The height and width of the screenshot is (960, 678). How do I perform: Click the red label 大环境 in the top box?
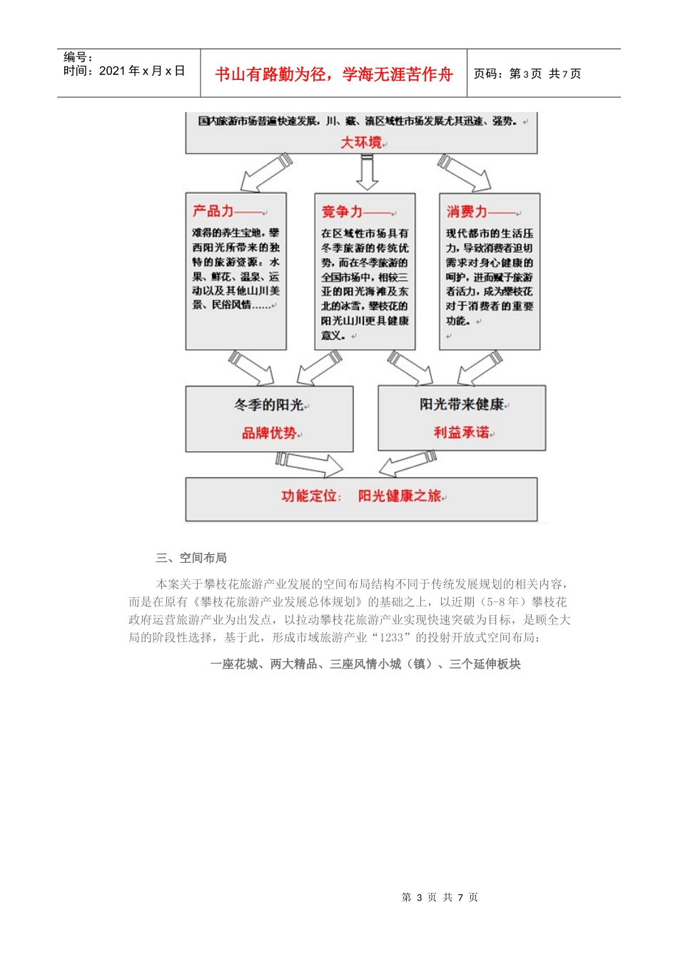361,142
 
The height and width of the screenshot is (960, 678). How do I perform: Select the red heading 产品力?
213,211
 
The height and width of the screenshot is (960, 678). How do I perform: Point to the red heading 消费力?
467,211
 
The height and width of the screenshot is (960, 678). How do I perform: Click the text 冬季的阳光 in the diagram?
268,405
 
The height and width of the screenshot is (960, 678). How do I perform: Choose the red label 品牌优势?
268,433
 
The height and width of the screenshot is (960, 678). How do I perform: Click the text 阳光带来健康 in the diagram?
461,404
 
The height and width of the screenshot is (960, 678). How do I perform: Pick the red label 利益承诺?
461,432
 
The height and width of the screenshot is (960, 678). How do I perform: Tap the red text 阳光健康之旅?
400,496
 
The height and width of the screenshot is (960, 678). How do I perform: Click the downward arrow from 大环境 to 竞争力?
367,172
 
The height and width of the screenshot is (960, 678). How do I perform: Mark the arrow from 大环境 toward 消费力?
465,173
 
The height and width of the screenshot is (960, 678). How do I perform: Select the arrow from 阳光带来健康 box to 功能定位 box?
408,463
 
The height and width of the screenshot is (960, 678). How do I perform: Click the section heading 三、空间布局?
191,558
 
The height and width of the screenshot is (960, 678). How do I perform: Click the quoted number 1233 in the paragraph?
390,637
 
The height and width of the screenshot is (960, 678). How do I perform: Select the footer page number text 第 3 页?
419,897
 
